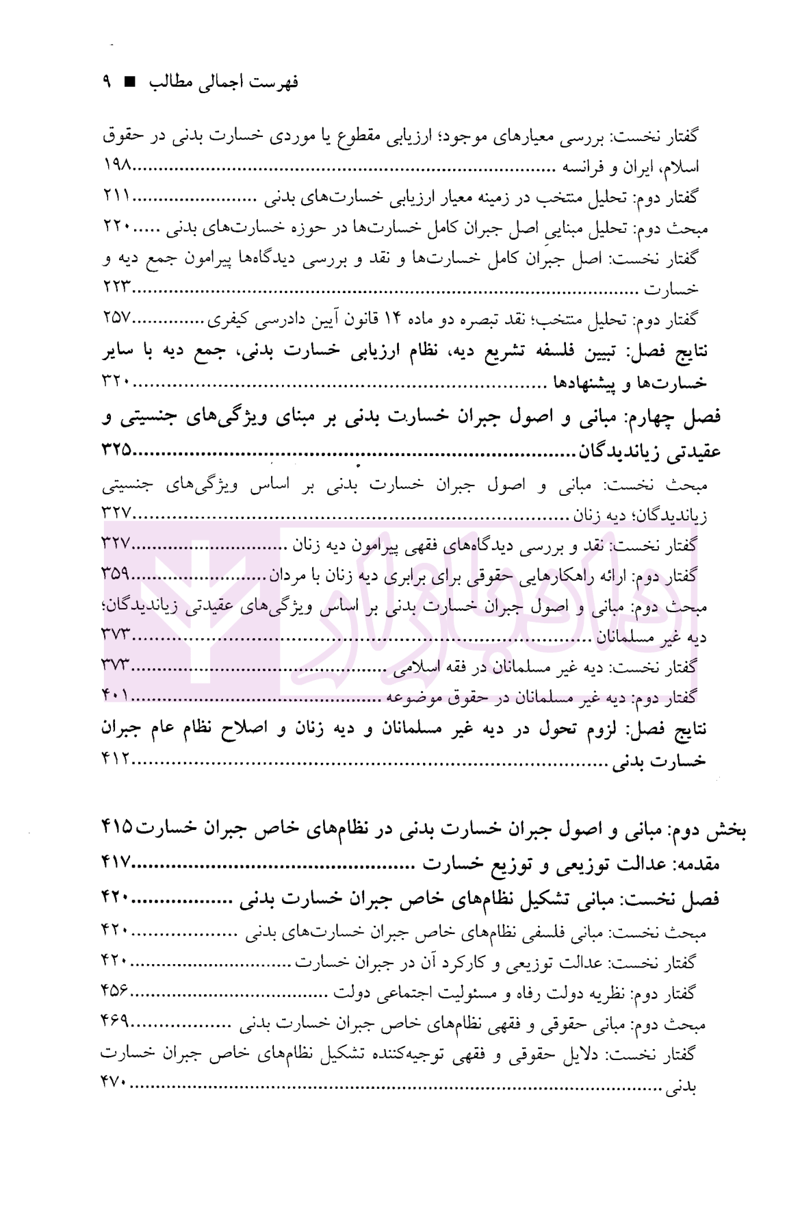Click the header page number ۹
(x=107, y=82)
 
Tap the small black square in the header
(x=129, y=83)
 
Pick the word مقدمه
(x=695, y=864)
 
